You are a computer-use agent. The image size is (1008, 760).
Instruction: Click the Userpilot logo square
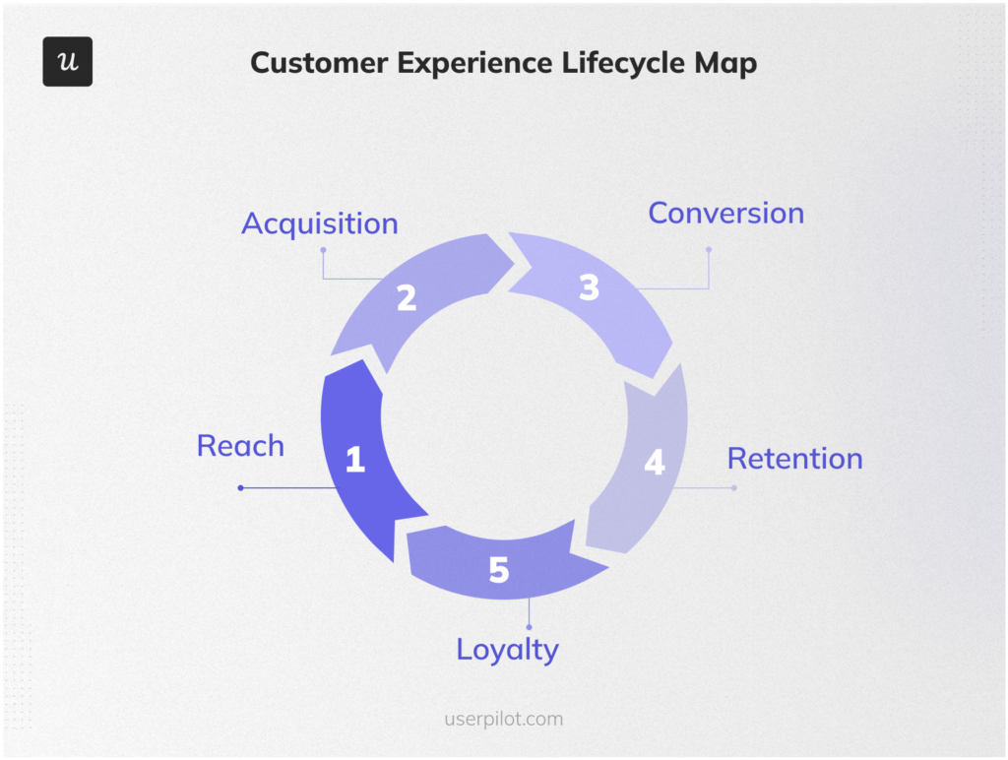click(67, 62)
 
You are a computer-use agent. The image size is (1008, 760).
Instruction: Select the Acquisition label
click(320, 223)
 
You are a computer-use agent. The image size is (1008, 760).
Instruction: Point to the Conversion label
click(725, 213)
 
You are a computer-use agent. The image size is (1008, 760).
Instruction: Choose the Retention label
click(794, 458)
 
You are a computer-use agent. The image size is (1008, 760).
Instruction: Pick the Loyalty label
click(507, 649)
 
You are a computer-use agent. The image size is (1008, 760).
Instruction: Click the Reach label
click(240, 445)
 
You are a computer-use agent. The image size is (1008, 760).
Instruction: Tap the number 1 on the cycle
click(355, 459)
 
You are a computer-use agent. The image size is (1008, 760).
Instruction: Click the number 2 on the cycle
click(407, 297)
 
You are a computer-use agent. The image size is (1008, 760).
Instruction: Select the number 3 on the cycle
click(589, 287)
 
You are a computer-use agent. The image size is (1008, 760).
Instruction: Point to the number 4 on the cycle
click(655, 463)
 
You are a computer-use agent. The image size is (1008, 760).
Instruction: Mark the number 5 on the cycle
click(499, 569)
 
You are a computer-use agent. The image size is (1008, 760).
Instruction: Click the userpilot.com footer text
click(503, 719)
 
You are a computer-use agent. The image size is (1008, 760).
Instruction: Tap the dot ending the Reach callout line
click(240, 487)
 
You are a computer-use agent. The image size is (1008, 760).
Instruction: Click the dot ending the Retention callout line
click(733, 487)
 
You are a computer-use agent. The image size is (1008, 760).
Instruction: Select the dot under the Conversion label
click(708, 249)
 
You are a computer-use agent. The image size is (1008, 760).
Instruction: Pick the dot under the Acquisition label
click(322, 250)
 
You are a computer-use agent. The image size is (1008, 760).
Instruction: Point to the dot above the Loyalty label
click(529, 627)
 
